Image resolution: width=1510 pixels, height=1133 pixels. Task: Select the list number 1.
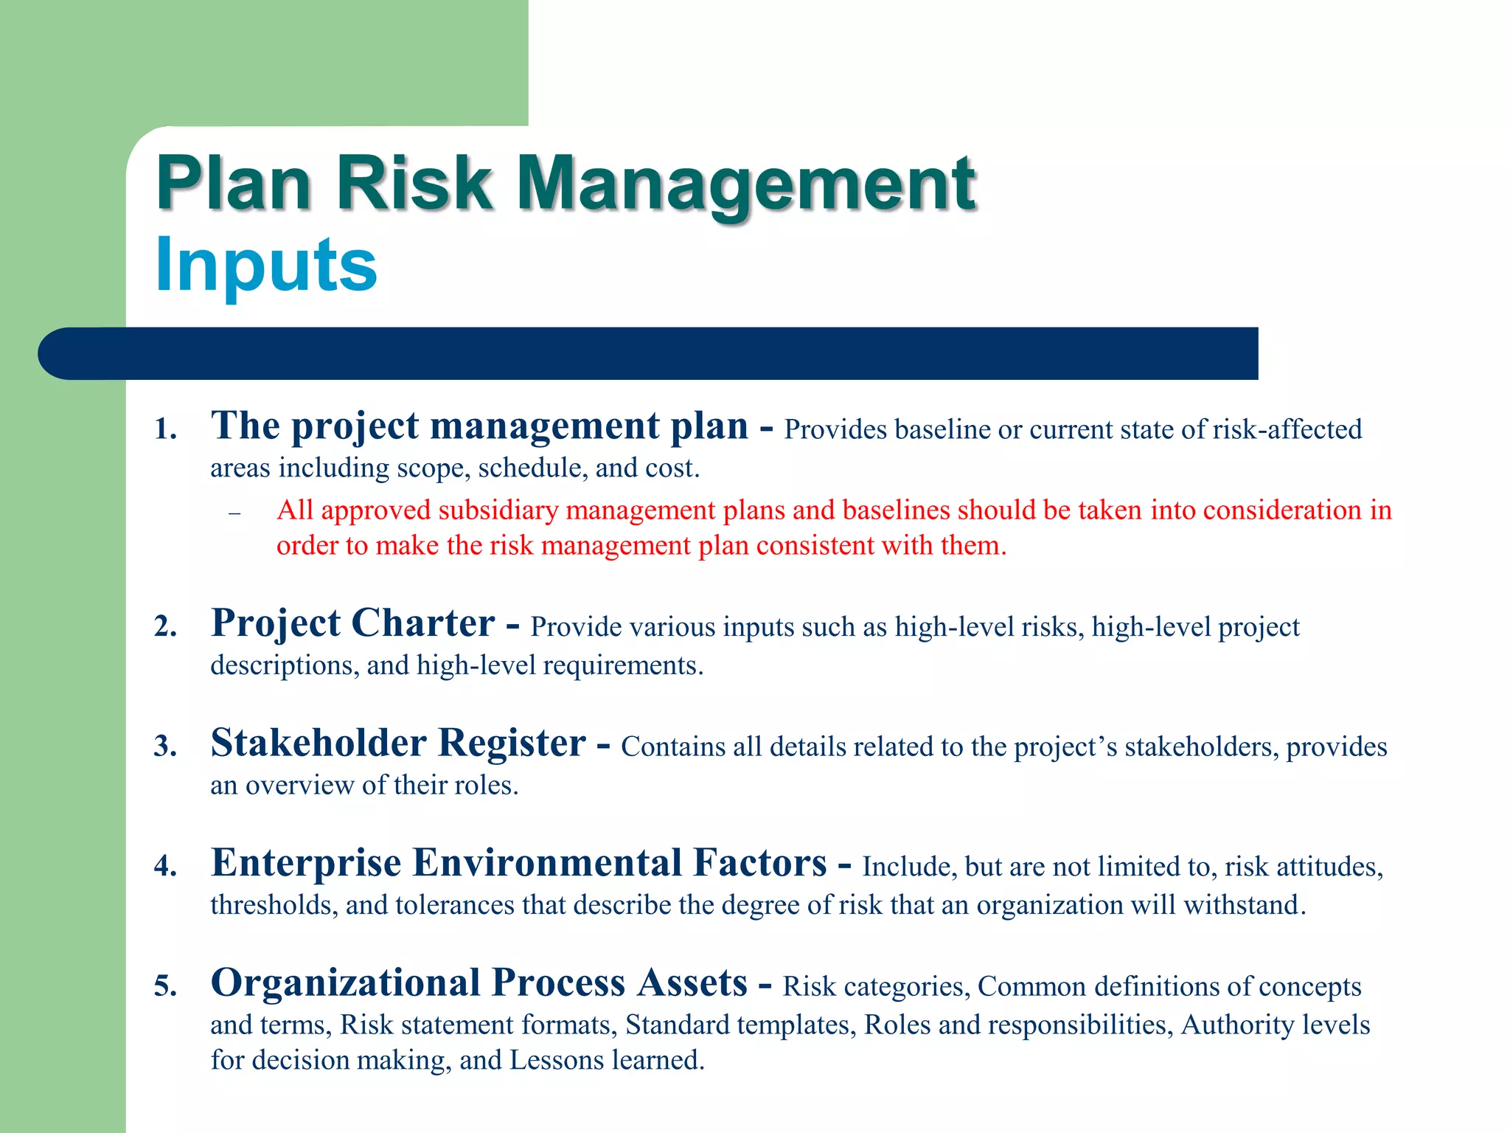coord(166,429)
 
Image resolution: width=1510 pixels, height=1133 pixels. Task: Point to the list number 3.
coord(166,746)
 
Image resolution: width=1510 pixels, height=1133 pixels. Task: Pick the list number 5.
coord(166,986)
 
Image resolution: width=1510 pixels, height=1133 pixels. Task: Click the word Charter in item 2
coord(422,623)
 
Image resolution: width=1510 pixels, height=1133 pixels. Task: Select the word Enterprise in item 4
coord(306,863)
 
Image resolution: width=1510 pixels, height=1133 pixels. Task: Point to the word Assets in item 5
coord(692,983)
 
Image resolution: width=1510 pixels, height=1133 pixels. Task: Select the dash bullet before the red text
coord(234,513)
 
